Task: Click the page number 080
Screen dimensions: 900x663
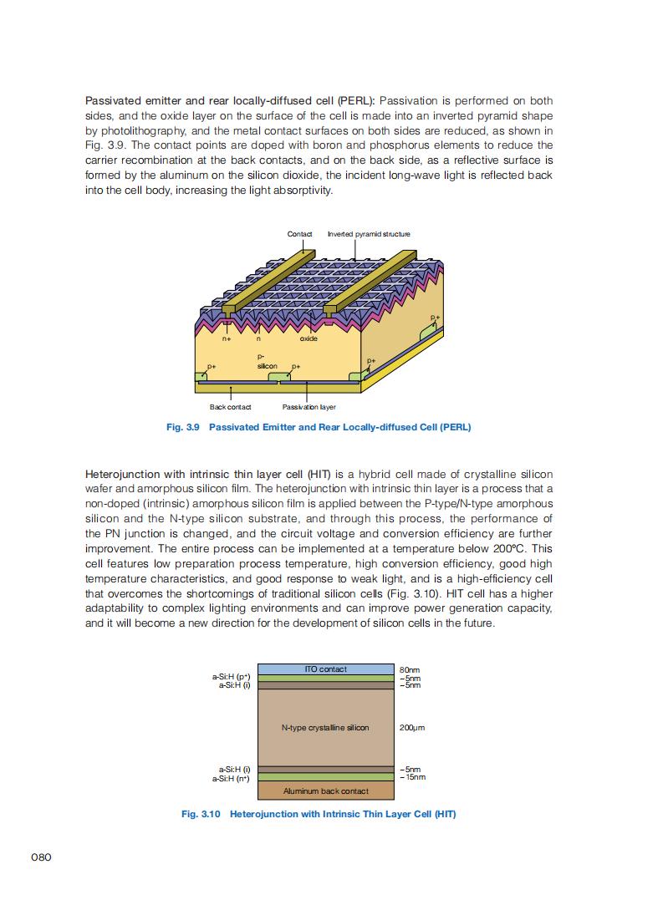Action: pyautogui.click(x=42, y=857)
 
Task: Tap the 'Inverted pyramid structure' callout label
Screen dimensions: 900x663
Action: pyautogui.click(x=369, y=234)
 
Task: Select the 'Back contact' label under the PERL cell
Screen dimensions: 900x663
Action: pyautogui.click(x=230, y=407)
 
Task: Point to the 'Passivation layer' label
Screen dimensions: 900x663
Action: pyautogui.click(x=309, y=407)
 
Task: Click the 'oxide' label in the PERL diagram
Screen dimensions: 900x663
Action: pyautogui.click(x=309, y=338)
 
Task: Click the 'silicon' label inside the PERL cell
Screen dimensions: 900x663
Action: pyautogui.click(x=267, y=366)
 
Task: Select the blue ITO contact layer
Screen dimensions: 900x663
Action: pyautogui.click(x=325, y=669)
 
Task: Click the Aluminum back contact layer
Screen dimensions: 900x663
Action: pyautogui.click(x=325, y=791)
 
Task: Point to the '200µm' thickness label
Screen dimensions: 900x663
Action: pyautogui.click(x=412, y=728)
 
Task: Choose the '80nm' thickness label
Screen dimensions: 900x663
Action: pyautogui.click(x=410, y=670)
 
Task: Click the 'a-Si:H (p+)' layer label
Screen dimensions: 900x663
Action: pyautogui.click(x=232, y=677)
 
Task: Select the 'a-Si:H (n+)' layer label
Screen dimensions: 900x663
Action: pyautogui.click(x=232, y=778)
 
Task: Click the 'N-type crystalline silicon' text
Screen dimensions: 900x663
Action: pyautogui.click(x=325, y=728)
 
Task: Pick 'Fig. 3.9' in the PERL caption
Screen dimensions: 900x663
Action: pyautogui.click(x=183, y=427)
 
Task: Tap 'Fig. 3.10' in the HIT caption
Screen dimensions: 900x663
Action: pyautogui.click(x=201, y=814)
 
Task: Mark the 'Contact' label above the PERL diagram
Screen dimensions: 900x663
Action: pyautogui.click(x=299, y=234)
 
